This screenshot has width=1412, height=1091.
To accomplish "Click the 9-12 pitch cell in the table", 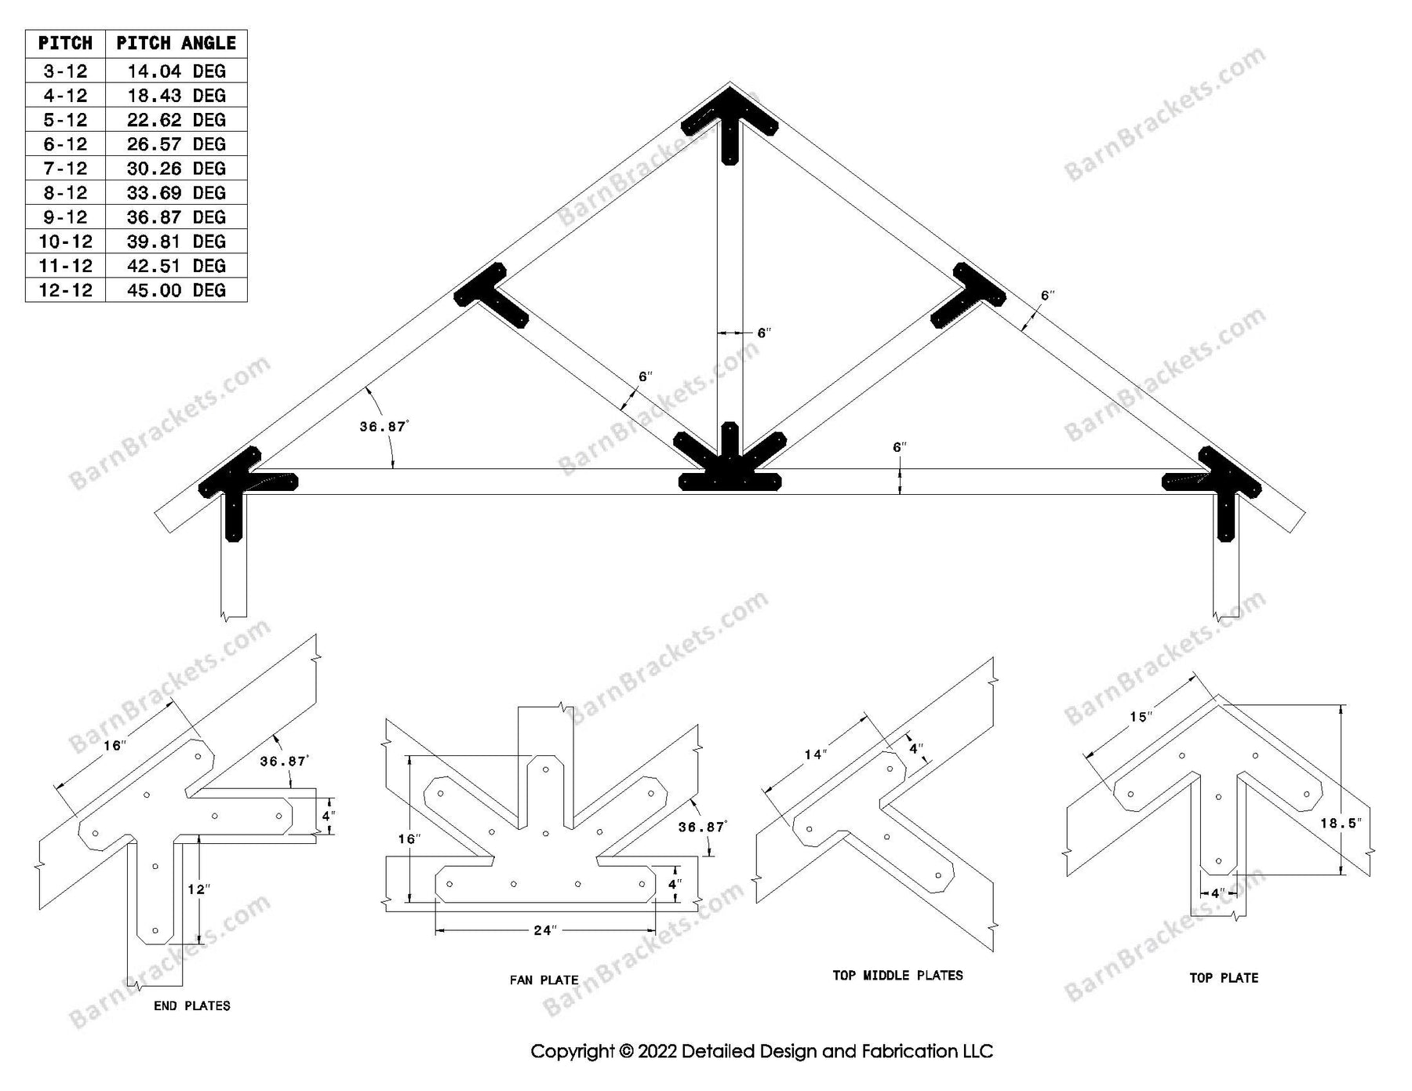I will coord(65,217).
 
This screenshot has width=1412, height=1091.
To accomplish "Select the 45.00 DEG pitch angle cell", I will coord(176,290).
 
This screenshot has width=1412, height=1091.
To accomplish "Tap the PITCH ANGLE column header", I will coord(176,43).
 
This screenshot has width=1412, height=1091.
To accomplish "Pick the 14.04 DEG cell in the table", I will coord(176,71).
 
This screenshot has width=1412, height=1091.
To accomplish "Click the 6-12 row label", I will coord(65,144).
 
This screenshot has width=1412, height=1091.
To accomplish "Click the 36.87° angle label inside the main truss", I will coord(384,427).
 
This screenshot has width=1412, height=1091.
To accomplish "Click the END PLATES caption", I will coord(192,1006).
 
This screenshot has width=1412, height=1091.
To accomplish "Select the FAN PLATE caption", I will coord(544,980).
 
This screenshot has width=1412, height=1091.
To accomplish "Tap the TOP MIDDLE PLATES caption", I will coord(897,976).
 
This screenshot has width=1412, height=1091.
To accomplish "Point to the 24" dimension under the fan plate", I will coord(544,930).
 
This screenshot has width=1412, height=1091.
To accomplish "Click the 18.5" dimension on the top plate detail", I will coord(1340,824).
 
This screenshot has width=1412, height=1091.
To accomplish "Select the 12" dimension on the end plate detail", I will coord(198,889).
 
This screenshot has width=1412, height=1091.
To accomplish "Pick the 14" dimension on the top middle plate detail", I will coord(815,755).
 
